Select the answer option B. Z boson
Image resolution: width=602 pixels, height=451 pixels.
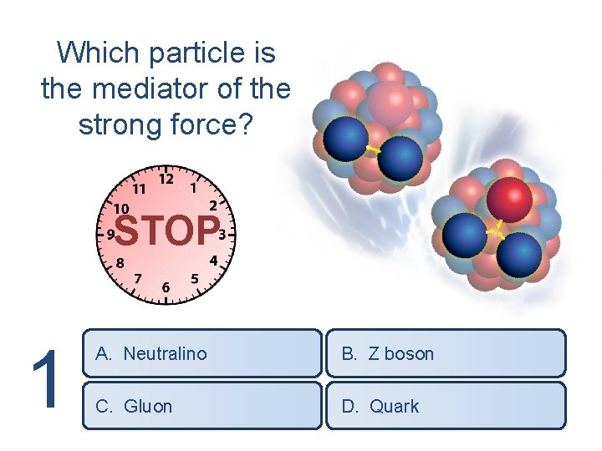pyautogui.click(x=445, y=353)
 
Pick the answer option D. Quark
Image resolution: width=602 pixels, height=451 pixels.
pyautogui.click(x=445, y=406)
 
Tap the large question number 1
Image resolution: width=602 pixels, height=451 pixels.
pyautogui.click(x=47, y=380)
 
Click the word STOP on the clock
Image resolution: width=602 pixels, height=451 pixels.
pyautogui.click(x=166, y=231)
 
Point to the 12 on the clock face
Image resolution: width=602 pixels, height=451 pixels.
pyautogui.click(x=166, y=179)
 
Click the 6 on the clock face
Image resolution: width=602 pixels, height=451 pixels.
pyautogui.click(x=166, y=288)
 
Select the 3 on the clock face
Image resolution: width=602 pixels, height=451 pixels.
pyautogui.click(x=222, y=233)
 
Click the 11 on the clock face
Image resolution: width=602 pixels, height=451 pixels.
pyautogui.click(x=139, y=186)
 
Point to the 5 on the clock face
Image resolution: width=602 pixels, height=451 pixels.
pyautogui.click(x=195, y=278)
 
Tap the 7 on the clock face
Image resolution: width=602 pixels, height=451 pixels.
pyautogui.click(x=138, y=277)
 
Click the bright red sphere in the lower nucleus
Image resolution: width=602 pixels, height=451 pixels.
pyautogui.click(x=510, y=199)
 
